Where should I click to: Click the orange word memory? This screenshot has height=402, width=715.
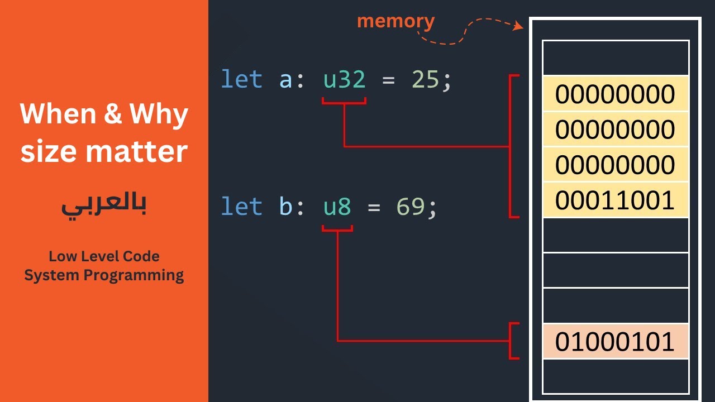click(x=395, y=21)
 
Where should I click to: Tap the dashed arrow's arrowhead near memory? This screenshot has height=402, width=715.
click(x=519, y=26)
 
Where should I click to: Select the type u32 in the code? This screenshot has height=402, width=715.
click(x=344, y=80)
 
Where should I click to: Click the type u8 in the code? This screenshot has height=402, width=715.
click(x=337, y=207)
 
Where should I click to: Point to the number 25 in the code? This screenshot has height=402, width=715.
click(x=426, y=80)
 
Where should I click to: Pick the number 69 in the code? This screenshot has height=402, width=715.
click(x=411, y=207)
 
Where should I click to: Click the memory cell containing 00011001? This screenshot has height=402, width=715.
click(x=615, y=200)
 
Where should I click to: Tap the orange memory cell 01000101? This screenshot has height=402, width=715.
click(x=615, y=342)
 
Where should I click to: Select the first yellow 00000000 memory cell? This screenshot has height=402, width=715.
click(x=615, y=94)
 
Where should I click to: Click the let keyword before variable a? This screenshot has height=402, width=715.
click(x=241, y=80)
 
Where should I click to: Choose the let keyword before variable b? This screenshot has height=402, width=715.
click(x=241, y=207)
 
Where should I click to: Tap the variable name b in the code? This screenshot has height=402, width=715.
click(x=285, y=207)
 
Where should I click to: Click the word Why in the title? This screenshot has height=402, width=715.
click(x=159, y=115)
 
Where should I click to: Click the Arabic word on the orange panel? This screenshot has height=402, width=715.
click(x=104, y=206)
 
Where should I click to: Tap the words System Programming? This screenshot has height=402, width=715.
click(x=104, y=275)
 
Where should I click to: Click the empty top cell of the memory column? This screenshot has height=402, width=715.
click(x=615, y=58)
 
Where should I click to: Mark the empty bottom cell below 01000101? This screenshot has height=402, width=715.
click(x=615, y=376)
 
